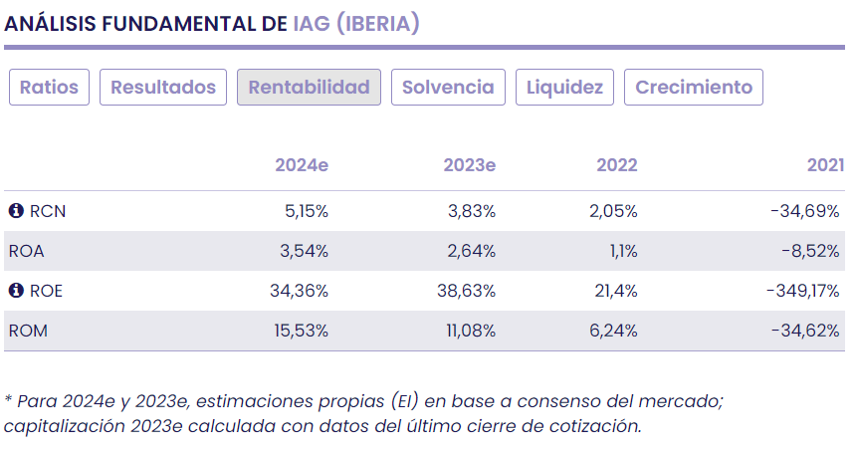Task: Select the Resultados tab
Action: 163,88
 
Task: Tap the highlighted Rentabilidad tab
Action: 309,88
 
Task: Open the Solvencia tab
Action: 448,88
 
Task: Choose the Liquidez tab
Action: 564,88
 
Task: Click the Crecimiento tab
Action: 694,88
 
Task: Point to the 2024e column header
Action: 302,165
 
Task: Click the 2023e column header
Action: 469,165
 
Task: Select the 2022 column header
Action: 617,165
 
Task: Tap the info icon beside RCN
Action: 16,211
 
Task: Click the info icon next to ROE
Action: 16,291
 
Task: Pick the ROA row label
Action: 26,251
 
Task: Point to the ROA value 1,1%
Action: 622,251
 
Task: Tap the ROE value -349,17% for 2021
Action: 804,291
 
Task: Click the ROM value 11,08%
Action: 470,331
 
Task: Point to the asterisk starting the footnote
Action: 8,400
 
